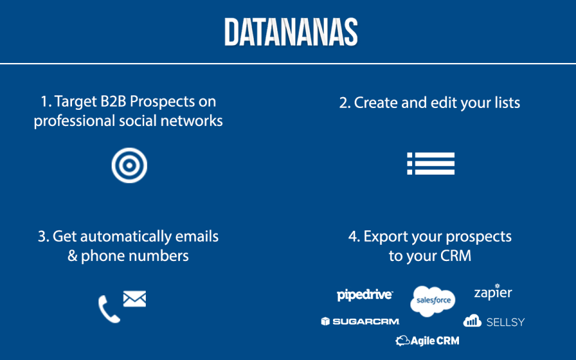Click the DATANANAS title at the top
291,32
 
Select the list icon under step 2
431,163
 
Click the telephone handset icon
109,309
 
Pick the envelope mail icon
134,299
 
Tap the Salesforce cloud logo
433,301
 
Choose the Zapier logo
493,292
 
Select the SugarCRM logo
360,322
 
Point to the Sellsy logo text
505,322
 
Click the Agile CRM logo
427,341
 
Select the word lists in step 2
508,103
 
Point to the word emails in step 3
197,236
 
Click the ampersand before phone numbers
73,256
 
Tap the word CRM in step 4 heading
455,256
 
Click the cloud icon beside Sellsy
472,320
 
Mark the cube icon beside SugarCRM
325,322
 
